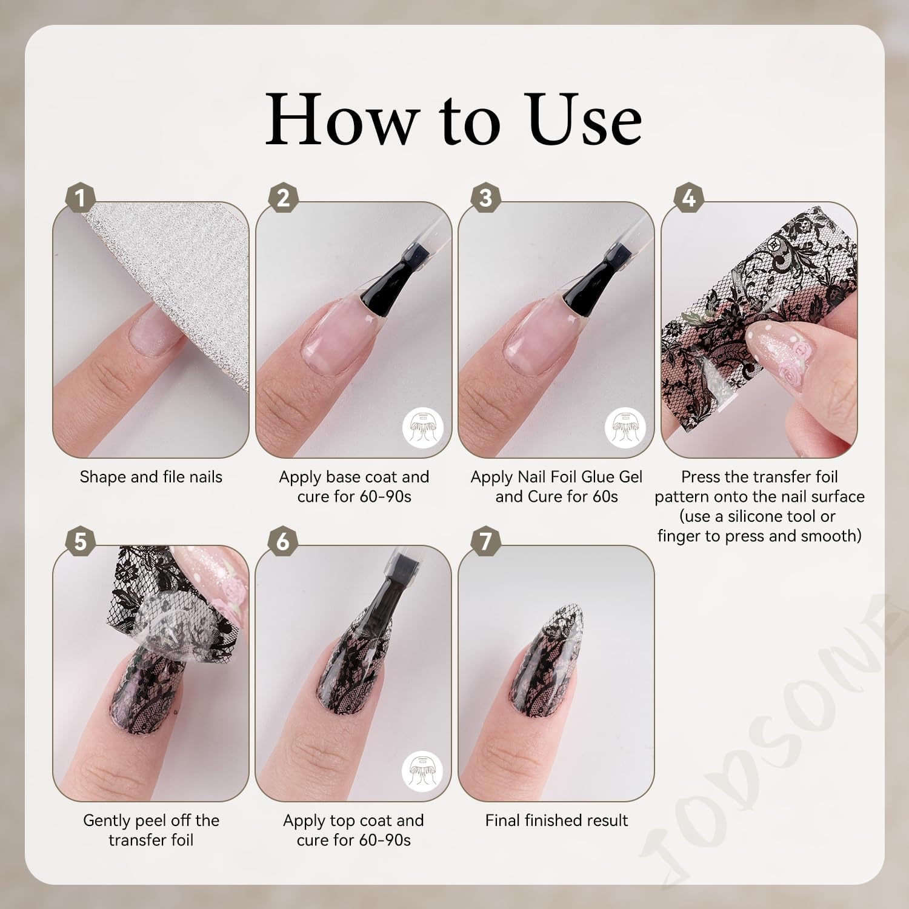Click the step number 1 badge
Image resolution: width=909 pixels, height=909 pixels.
(x=81, y=198)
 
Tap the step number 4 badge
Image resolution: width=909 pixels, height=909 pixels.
(x=689, y=198)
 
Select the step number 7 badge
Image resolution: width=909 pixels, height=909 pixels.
(x=486, y=541)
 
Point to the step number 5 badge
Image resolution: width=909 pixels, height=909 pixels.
(x=81, y=541)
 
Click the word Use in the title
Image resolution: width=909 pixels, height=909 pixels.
(x=585, y=119)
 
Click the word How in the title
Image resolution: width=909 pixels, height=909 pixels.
(x=342, y=119)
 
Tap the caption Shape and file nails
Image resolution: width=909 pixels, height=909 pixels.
(x=151, y=478)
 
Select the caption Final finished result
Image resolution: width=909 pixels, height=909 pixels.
(x=556, y=821)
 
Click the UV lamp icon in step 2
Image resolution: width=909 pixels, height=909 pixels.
(x=423, y=428)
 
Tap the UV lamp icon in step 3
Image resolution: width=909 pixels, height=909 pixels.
(x=625, y=428)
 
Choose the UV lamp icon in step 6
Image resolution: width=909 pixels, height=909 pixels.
(x=422, y=771)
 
